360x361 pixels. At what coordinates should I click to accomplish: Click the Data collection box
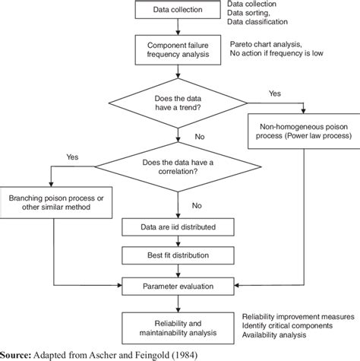pyautogui.click(x=178, y=10)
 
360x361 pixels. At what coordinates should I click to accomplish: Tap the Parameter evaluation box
pyautogui.click(x=178, y=287)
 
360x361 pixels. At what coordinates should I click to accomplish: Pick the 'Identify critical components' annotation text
pyautogui.click(x=288, y=325)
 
